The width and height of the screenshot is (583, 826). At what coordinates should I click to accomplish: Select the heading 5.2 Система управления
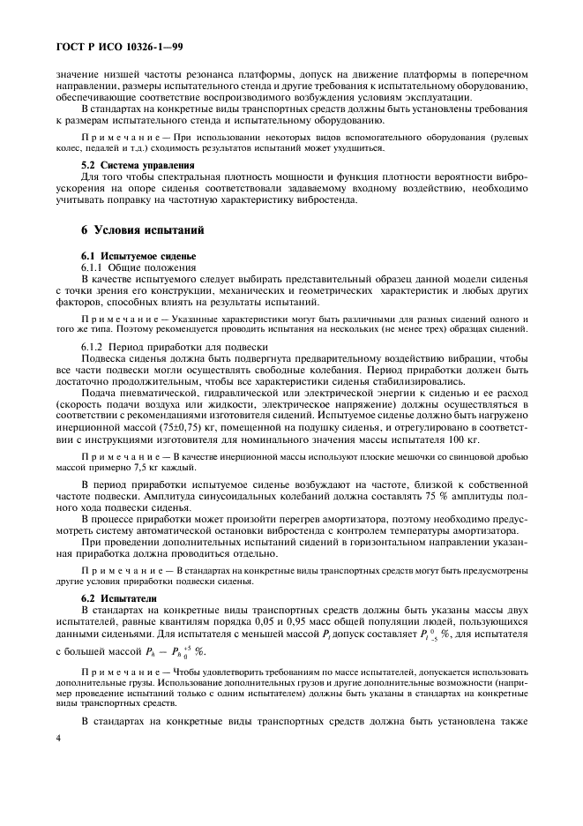(x=132, y=165)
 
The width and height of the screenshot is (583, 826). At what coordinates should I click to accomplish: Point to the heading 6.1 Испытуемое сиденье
(x=132, y=255)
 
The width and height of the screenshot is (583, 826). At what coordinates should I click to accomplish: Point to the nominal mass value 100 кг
(x=467, y=439)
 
